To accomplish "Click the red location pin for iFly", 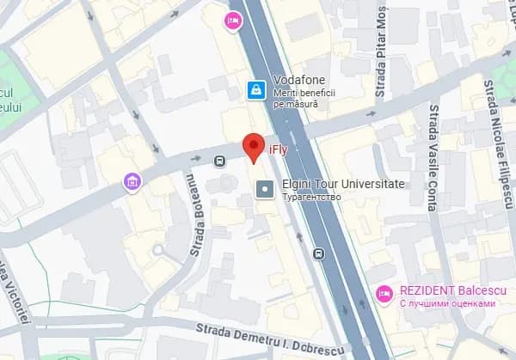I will tap(253, 146).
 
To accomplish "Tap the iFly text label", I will tap(278, 150).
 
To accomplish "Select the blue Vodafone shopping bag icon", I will tap(255, 88).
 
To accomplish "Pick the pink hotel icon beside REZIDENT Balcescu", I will tap(385, 295).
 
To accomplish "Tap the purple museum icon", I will tap(132, 181).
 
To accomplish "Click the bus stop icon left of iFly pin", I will tap(219, 159).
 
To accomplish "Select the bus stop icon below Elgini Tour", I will tap(319, 253).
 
